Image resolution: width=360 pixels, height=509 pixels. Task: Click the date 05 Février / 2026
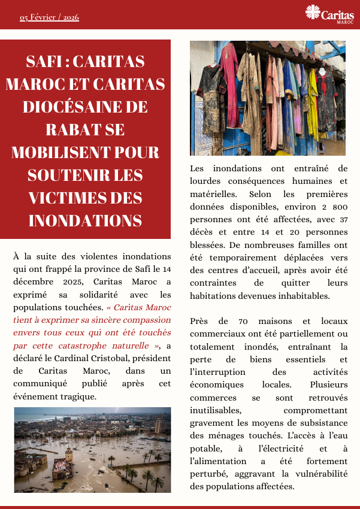tap(49, 17)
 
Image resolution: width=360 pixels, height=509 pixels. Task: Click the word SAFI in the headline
tap(47, 62)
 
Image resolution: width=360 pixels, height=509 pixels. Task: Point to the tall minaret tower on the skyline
tap(158, 425)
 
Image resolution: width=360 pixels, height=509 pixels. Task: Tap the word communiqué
tap(40, 384)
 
